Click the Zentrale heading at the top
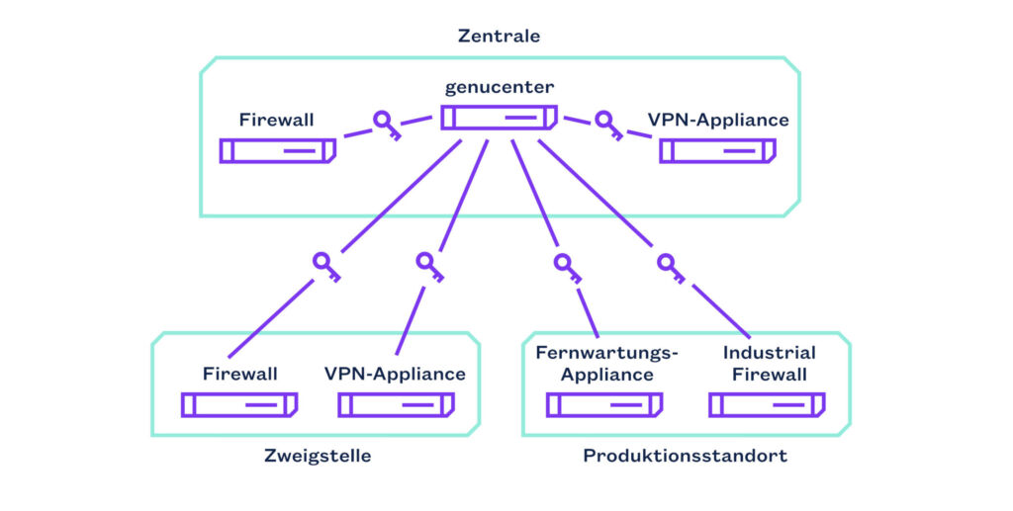tap(499, 36)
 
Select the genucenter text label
tap(499, 87)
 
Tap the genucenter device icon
tap(499, 118)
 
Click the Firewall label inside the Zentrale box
tap(276, 121)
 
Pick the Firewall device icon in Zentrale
tap(277, 151)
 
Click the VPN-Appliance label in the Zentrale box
tap(718, 121)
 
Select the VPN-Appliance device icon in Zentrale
tap(718, 151)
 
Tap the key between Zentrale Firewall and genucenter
tap(386, 125)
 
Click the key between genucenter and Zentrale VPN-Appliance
tap(606, 125)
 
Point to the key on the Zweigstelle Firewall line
tap(325, 266)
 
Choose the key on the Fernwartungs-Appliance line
tap(566, 266)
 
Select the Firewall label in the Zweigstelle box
tap(240, 375)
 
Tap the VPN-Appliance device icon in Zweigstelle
tap(396, 405)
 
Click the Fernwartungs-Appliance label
tap(606, 364)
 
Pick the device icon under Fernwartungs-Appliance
tap(604, 405)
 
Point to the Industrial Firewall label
tap(769, 364)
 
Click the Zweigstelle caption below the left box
tap(318, 456)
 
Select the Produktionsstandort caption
tap(686, 456)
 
